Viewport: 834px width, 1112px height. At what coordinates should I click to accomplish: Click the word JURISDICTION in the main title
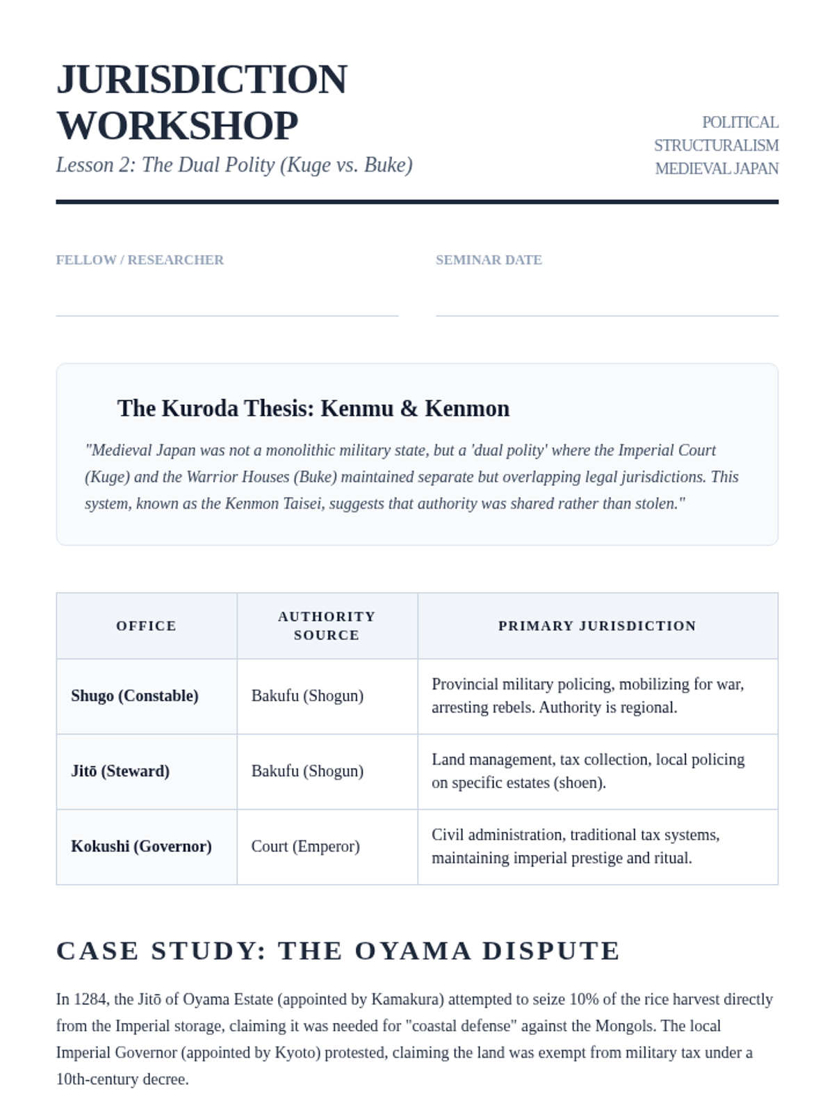(202, 79)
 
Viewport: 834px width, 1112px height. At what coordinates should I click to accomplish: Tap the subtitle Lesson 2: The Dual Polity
(234, 165)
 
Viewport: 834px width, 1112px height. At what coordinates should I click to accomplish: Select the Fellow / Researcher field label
(140, 260)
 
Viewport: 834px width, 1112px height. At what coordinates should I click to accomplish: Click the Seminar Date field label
(489, 260)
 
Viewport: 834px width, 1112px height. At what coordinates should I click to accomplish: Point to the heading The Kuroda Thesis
(313, 408)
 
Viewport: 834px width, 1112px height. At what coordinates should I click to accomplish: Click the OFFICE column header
(146, 625)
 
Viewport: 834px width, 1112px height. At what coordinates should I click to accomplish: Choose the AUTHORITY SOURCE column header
(327, 625)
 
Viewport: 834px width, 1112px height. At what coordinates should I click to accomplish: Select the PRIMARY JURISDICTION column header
(597, 625)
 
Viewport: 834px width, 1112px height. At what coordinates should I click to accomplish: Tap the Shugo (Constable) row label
(134, 696)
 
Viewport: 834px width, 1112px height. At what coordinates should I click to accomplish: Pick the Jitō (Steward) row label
(120, 771)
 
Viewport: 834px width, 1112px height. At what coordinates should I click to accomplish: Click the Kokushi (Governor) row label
(141, 847)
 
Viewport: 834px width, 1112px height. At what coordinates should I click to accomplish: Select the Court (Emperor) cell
(305, 847)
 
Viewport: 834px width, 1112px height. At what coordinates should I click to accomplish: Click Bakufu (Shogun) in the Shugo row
(307, 696)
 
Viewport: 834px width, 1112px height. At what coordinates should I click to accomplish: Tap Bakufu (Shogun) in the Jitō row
(307, 771)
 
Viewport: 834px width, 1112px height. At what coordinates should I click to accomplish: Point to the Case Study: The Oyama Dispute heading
(338, 951)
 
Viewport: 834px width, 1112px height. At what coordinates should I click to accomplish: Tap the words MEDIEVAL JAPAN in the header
(717, 169)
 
